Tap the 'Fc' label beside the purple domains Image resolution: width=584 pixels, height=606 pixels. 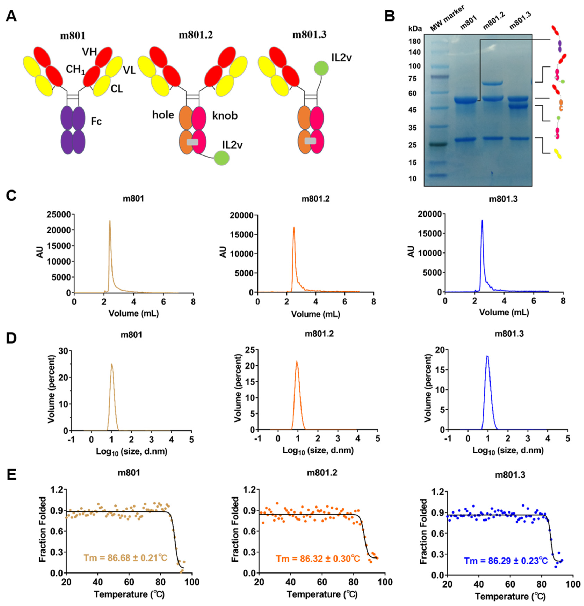(96, 121)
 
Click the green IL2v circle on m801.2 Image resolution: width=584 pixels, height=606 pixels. (222, 158)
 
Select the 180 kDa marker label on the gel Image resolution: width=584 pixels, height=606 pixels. (414, 41)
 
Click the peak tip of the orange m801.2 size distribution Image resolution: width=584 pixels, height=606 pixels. (296, 361)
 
